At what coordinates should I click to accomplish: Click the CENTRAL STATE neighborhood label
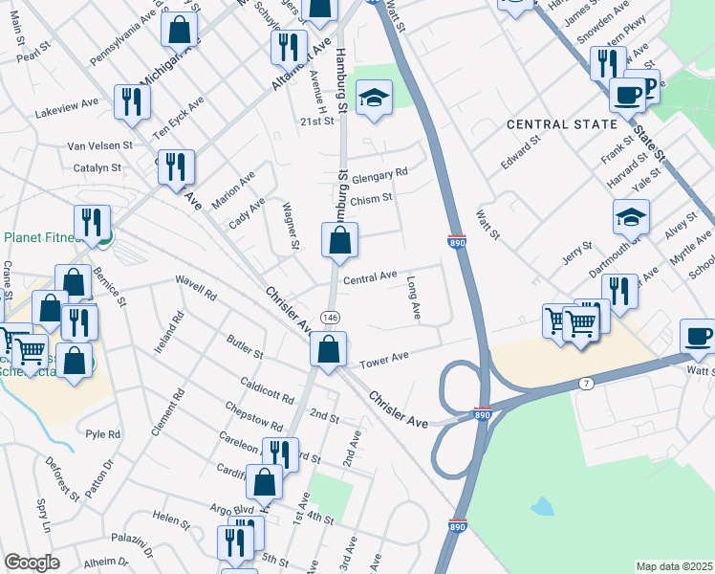point(555,124)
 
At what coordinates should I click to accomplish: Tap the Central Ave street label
point(370,277)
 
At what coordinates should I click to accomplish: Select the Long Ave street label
point(414,298)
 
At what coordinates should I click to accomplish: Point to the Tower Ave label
point(384,357)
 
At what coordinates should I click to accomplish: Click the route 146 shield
point(330,317)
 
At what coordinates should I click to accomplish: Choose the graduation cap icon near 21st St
point(375,98)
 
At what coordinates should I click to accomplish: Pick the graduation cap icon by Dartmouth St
point(631,219)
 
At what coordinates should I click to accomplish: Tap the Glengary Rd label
point(379,173)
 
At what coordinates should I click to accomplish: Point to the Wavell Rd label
point(198,287)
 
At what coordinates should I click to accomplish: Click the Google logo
point(31,563)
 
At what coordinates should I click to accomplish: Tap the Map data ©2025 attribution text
point(674,565)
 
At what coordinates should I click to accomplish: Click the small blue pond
point(541,505)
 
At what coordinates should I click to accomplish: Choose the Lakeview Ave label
point(67,102)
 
